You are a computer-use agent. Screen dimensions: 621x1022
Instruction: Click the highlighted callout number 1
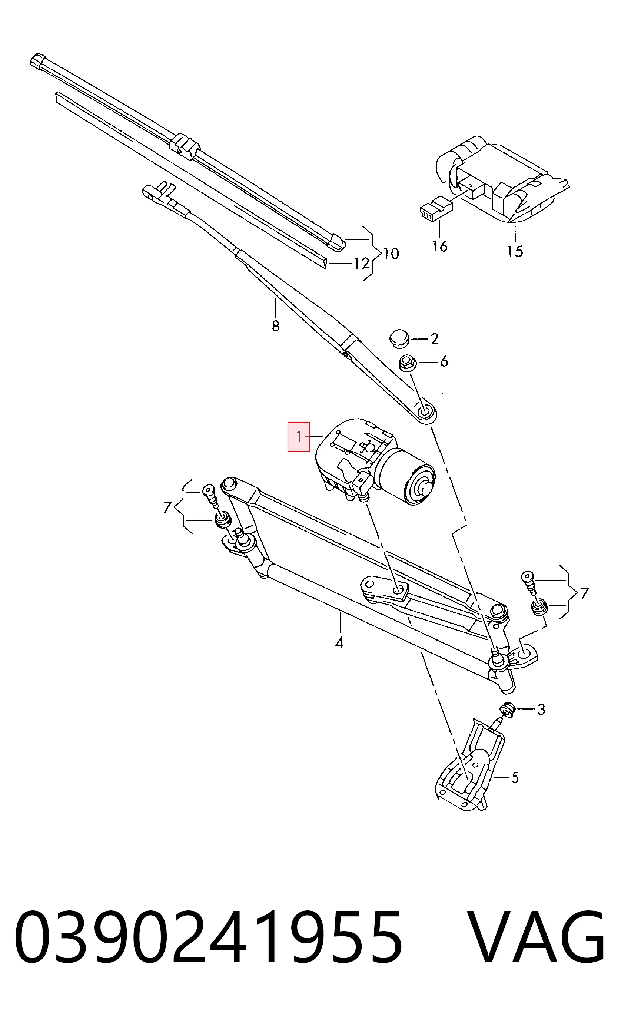[299, 437]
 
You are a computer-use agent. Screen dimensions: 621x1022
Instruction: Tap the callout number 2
[434, 339]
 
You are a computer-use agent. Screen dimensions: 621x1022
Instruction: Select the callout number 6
[444, 362]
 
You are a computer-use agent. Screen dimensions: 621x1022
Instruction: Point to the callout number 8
[276, 326]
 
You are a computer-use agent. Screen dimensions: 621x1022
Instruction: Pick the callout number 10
[391, 253]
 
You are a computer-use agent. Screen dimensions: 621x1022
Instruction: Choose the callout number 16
[440, 246]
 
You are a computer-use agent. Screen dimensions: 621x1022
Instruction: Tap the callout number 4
[339, 643]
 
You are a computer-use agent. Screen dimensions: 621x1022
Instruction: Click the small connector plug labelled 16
[436, 208]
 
